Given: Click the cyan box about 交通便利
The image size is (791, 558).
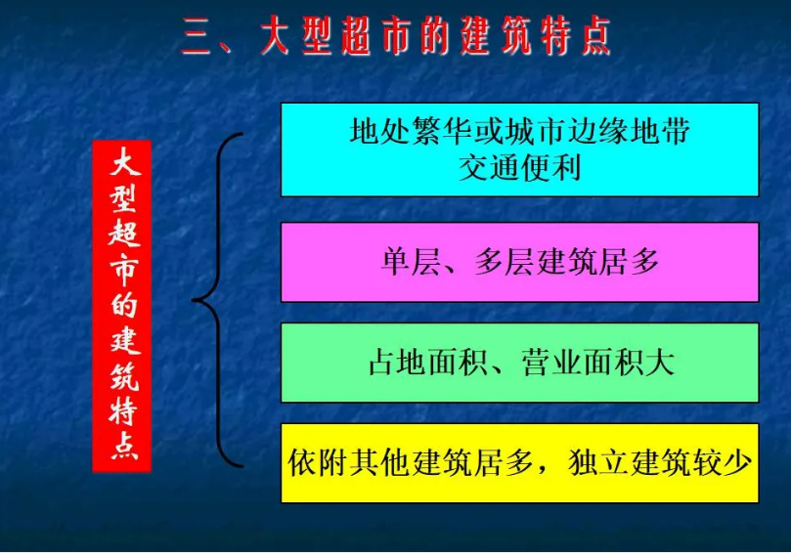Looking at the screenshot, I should [519, 149].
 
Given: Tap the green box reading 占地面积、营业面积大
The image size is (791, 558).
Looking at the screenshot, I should [519, 363].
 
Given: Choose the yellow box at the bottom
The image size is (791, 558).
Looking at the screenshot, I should [519, 463].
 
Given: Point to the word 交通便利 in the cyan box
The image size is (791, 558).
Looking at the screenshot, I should [519, 166].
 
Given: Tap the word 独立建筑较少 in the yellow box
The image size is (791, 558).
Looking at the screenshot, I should [659, 462].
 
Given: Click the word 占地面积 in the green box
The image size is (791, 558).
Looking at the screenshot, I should [421, 364].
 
